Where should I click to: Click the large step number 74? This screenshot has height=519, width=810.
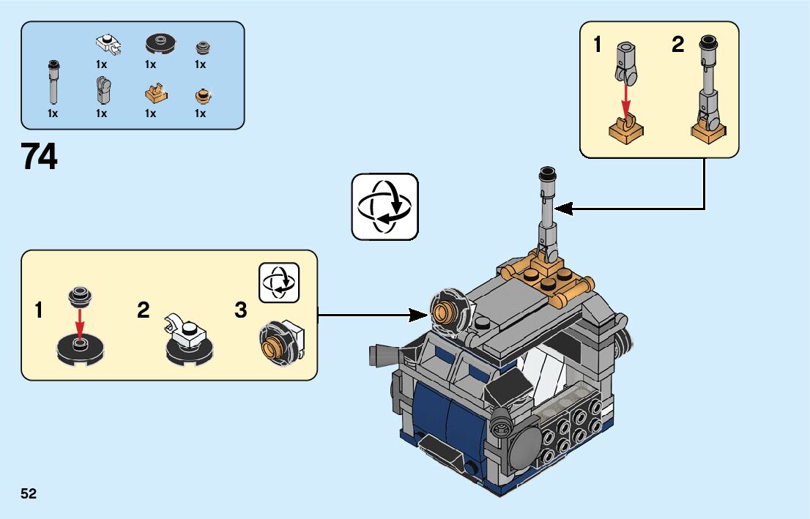tap(40, 157)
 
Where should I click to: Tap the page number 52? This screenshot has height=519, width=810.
tap(29, 494)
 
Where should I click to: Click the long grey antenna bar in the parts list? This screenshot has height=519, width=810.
tap(53, 83)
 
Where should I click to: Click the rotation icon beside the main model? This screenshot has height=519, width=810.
tap(384, 206)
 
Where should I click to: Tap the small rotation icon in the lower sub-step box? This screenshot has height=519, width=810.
tap(279, 282)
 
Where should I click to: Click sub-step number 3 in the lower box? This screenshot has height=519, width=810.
tap(241, 311)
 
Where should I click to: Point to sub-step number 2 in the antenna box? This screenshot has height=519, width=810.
tap(678, 46)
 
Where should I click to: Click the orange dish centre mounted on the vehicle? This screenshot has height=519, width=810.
tap(442, 313)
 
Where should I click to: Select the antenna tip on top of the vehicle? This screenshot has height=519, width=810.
tap(546, 174)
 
